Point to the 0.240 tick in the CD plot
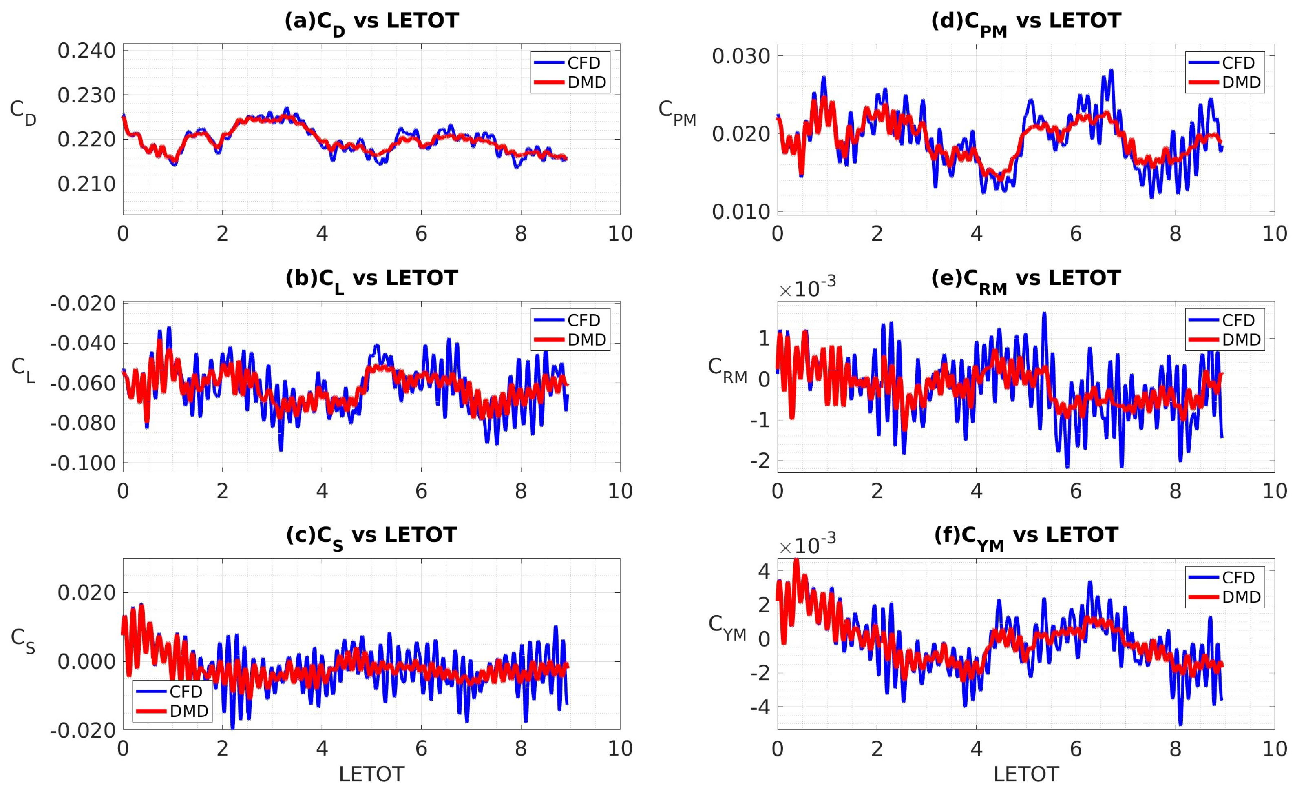coord(86,51)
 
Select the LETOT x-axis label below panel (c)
coord(371,775)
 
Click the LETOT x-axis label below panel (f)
coord(1025,775)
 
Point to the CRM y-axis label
coord(727,370)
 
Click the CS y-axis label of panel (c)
coord(23,641)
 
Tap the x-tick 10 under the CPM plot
coord(1274,234)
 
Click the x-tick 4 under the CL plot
coord(322,491)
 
